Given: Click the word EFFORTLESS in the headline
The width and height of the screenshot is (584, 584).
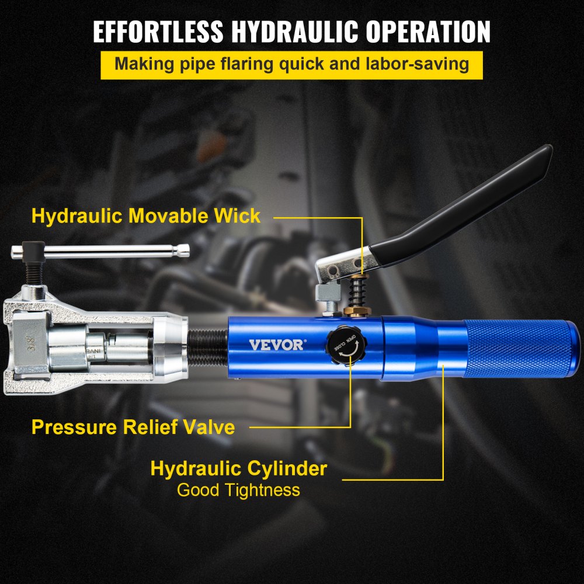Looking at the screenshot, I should click(156, 32).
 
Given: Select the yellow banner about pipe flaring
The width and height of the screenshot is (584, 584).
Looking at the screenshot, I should click(291, 64).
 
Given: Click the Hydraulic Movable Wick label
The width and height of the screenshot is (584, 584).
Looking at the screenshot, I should click(146, 215).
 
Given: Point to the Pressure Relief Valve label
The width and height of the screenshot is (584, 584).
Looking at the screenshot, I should click(133, 427).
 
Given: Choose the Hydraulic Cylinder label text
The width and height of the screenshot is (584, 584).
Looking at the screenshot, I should click(238, 468).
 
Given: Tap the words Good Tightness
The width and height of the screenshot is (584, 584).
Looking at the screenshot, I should click(238, 489).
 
